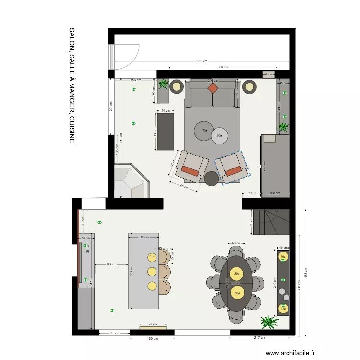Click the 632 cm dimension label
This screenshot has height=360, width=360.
tap(202, 61)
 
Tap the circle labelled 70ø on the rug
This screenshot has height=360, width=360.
tap(204, 130)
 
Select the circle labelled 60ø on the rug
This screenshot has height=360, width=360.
tap(220, 136)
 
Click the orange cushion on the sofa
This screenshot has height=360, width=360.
tap(213, 88)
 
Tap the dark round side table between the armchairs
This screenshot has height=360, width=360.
tap(212, 178)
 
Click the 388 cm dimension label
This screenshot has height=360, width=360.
tap(222, 68)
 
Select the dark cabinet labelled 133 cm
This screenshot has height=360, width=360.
tap(166, 132)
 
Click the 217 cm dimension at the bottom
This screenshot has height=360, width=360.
tap(260, 338)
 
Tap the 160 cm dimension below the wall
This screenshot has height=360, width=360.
tap(152, 339)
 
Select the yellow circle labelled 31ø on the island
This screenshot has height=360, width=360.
tap(152, 257)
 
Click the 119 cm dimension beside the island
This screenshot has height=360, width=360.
tap(111, 264)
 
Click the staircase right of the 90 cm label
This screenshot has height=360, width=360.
tap(272, 222)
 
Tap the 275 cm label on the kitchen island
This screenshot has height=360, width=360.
tap(132, 271)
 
